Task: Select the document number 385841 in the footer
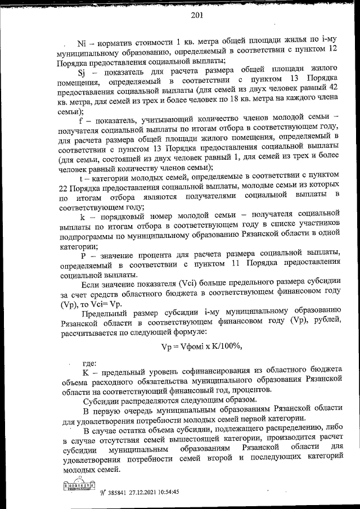pyautogui.click(x=120, y=491)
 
